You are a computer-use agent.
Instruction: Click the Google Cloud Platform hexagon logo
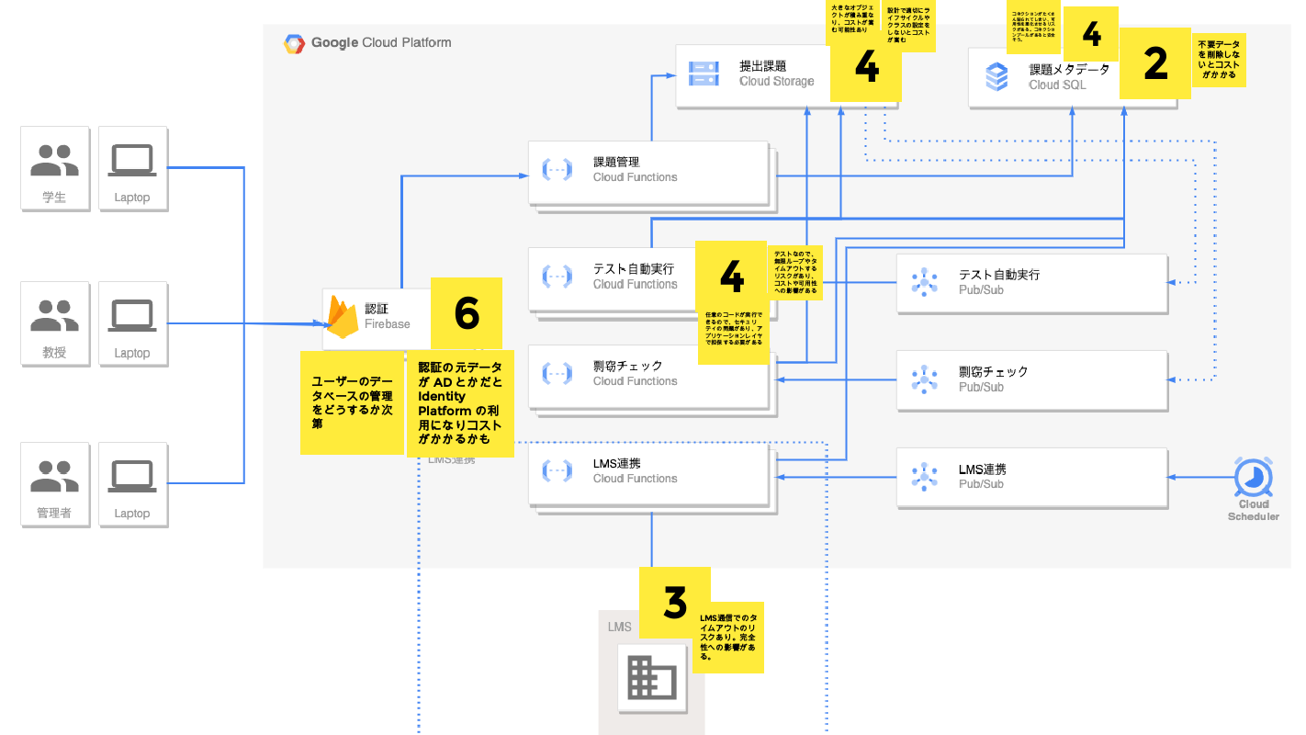(294, 43)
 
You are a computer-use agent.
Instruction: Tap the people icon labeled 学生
(55, 160)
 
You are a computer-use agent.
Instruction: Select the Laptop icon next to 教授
(132, 315)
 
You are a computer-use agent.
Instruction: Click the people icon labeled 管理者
(55, 475)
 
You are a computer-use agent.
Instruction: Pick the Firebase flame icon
(343, 318)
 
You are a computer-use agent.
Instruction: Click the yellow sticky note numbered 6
(467, 313)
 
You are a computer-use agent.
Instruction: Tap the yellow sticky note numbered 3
(674, 603)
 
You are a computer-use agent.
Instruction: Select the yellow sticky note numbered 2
(1155, 62)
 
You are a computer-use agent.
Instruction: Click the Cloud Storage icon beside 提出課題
(704, 73)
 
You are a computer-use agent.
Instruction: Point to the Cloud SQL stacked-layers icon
(996, 76)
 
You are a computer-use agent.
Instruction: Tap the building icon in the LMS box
(651, 678)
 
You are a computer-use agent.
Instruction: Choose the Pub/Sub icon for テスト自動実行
(924, 281)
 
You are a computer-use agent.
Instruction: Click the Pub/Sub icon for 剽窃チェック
(924, 379)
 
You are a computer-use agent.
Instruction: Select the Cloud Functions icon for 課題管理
(557, 169)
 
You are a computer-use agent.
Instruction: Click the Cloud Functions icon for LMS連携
(557, 470)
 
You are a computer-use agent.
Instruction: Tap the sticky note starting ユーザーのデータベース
(352, 401)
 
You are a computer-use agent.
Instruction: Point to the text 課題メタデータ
(1069, 69)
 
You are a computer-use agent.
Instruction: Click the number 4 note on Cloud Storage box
(866, 67)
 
